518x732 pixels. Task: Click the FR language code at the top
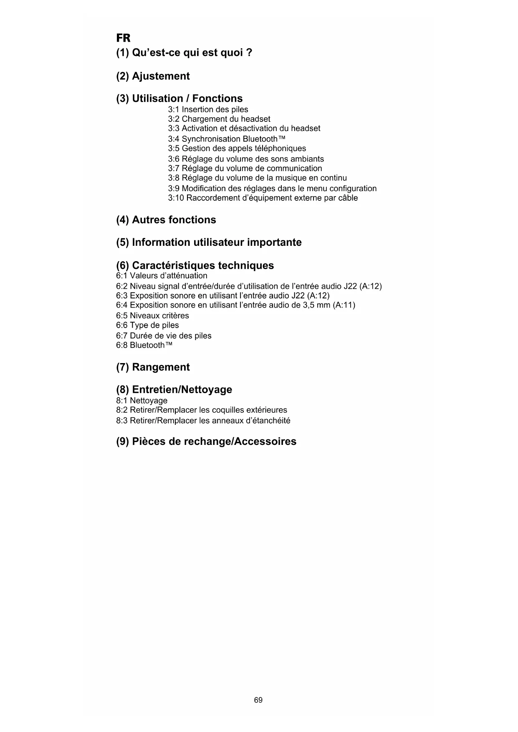123,38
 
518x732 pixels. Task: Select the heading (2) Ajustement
153,76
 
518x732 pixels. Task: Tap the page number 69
258,700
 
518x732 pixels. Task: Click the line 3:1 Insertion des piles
208,109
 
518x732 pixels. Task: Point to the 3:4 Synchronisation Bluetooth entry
227,139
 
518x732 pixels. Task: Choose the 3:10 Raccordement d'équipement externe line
263,198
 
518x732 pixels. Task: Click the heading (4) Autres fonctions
166,220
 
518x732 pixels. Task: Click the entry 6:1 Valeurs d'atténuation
162,275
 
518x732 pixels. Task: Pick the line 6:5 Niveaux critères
152,316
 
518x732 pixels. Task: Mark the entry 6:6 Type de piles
147,325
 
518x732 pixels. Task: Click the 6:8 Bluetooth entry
144,345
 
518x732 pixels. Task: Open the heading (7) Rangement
153,367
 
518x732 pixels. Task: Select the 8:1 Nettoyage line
142,401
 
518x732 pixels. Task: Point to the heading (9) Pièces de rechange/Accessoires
206,442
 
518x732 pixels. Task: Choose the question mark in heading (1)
249,53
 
